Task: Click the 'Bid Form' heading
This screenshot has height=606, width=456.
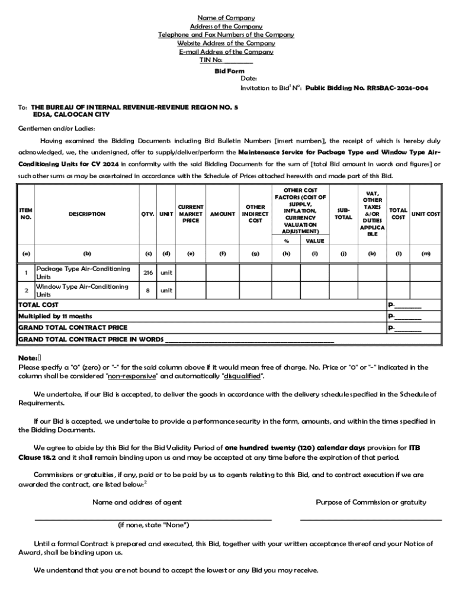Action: click(229, 71)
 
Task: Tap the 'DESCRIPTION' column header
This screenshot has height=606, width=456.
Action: click(87, 214)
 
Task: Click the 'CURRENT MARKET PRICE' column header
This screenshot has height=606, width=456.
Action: click(190, 214)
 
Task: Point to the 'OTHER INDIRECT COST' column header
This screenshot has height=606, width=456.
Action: click(255, 214)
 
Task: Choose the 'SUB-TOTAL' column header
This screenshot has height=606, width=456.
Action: click(343, 214)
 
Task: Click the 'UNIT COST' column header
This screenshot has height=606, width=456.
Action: click(425, 214)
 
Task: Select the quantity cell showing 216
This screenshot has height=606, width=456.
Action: click(148, 273)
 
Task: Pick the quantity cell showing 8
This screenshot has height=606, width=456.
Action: click(148, 291)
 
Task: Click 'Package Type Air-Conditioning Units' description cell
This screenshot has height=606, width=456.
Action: click(83, 273)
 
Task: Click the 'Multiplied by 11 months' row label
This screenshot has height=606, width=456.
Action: click(55, 316)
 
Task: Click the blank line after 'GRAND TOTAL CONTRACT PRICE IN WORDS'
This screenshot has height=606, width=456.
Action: click(249, 340)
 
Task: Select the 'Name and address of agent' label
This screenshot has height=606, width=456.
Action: click(137, 502)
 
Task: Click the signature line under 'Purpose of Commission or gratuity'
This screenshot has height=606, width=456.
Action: click(371, 519)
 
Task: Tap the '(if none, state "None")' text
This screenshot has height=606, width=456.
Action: click(153, 525)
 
